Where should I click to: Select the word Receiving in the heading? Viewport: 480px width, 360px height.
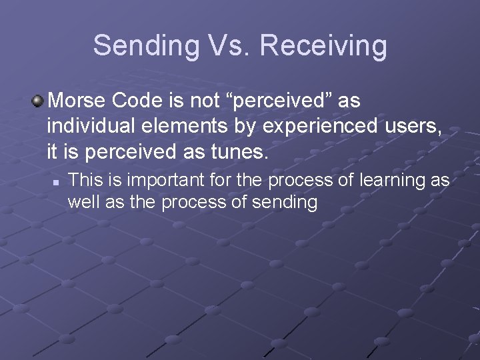(x=324, y=46)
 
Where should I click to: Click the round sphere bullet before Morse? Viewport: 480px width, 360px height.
(x=39, y=101)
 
